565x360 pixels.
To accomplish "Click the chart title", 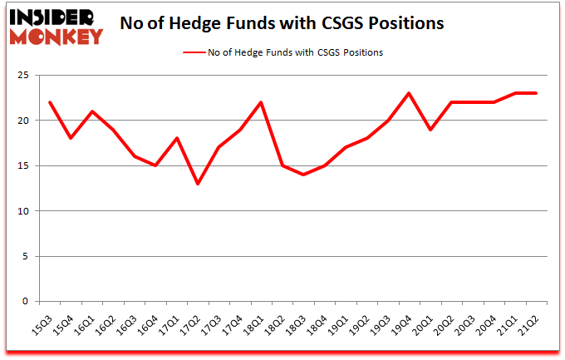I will [x=282, y=24].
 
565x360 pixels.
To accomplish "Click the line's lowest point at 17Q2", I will [x=198, y=184].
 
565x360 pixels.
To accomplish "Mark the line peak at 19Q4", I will [x=409, y=93].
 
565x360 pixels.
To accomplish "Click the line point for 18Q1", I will [x=261, y=102].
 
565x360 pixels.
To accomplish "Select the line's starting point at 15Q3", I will [x=50, y=102].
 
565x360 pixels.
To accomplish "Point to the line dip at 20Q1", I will [x=430, y=130].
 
